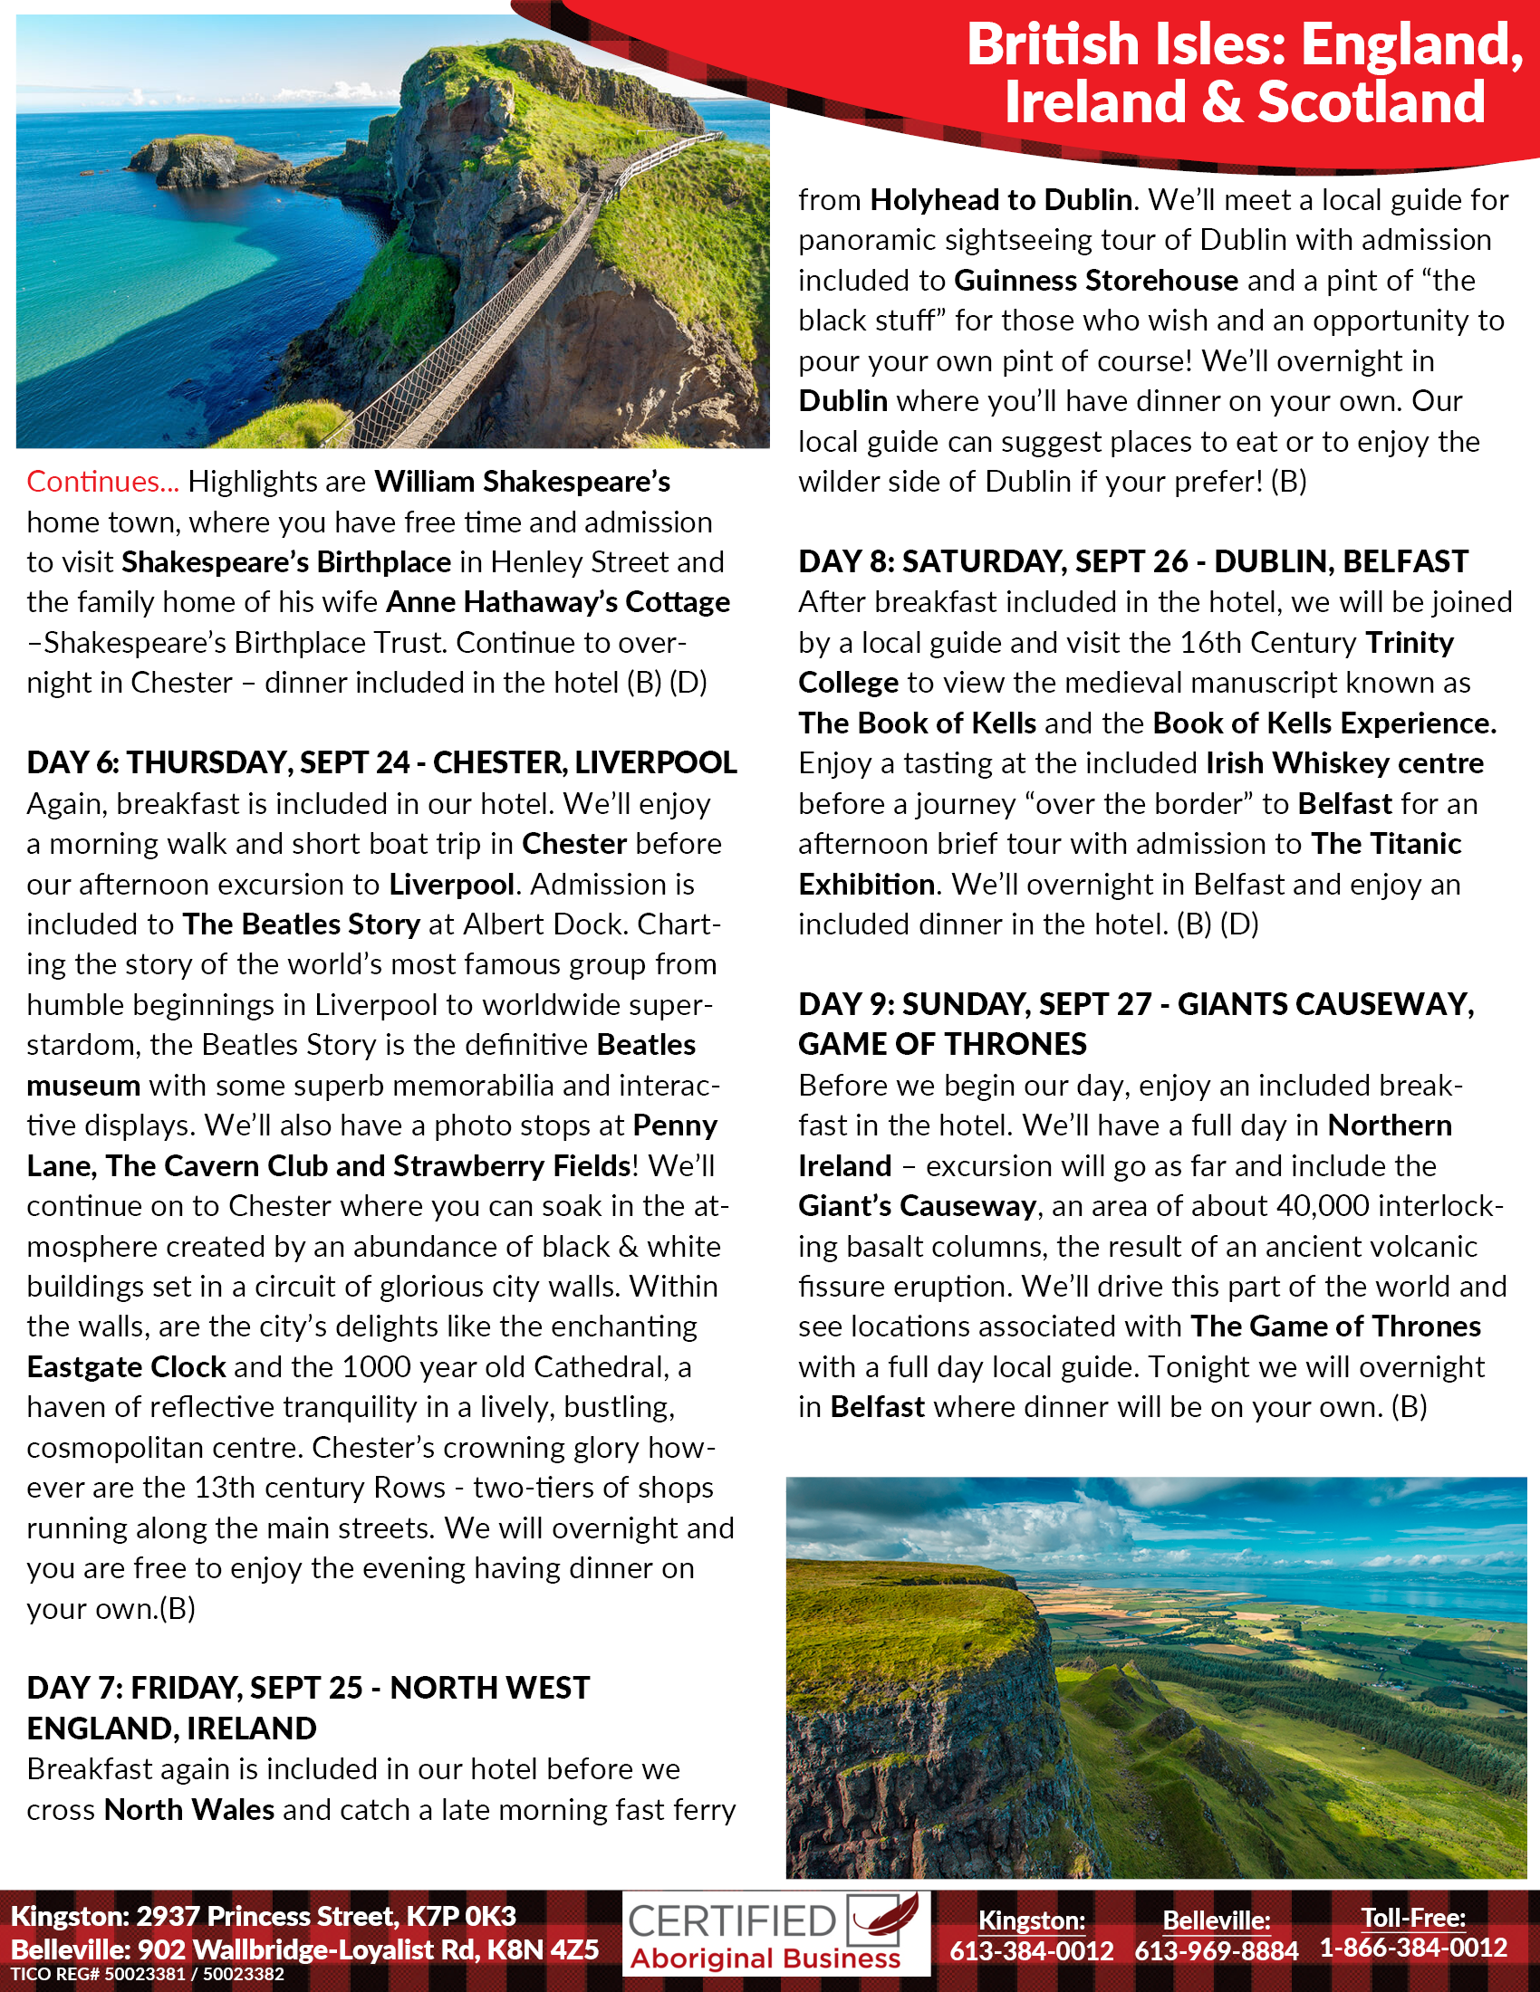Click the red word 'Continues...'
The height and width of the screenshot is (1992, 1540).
tap(102, 482)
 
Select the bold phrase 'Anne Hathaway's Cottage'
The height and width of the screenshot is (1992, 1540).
tap(558, 602)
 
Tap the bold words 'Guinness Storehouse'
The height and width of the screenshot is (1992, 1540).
tap(1096, 280)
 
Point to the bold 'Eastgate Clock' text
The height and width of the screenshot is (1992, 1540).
tap(126, 1366)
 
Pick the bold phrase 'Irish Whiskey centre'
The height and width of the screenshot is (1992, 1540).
tap(1344, 762)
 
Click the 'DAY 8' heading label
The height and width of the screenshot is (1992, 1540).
tap(846, 561)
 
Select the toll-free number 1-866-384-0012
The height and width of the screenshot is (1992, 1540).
tap(1413, 1948)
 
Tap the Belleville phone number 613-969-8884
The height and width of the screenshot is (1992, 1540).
tap(1216, 1950)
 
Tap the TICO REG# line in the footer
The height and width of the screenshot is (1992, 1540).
tap(147, 1975)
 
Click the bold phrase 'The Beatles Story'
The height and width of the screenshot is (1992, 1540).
tap(301, 924)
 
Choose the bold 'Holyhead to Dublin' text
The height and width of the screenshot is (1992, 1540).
tap(1001, 200)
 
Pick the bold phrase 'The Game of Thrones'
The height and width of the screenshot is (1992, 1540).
tap(1335, 1326)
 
